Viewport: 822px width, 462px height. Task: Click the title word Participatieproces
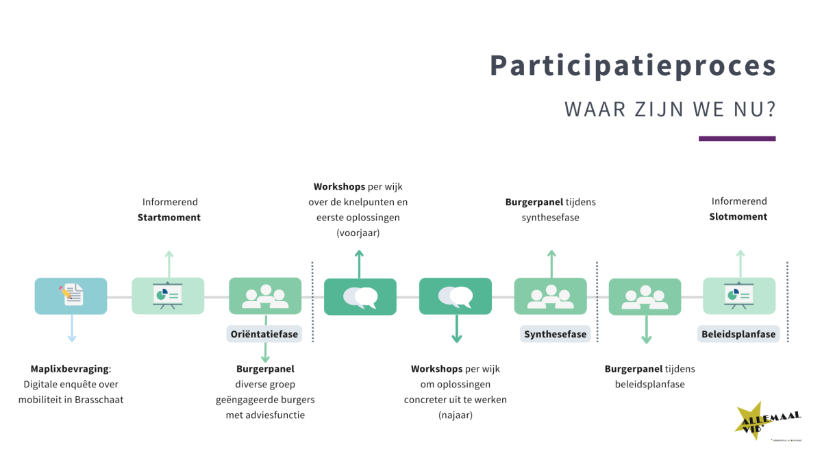(x=633, y=66)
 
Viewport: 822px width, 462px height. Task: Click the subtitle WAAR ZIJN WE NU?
(x=669, y=110)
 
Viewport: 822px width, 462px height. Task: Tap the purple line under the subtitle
(x=736, y=138)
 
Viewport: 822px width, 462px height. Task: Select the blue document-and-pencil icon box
(x=71, y=296)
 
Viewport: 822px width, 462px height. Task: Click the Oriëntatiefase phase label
(x=263, y=334)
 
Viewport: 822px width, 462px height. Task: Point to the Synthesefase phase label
(x=555, y=334)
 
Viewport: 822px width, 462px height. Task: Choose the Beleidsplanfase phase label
(x=738, y=334)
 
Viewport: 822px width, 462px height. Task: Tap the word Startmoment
(x=169, y=217)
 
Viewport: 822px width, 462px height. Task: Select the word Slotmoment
(x=738, y=216)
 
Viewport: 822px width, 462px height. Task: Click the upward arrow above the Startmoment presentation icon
(x=169, y=264)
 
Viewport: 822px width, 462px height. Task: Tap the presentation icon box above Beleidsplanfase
(x=739, y=296)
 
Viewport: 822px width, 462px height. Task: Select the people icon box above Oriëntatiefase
(x=264, y=296)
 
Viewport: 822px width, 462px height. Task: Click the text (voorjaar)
(x=358, y=233)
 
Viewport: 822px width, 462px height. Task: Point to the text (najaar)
(x=456, y=415)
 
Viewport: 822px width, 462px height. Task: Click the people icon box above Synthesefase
(x=550, y=296)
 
